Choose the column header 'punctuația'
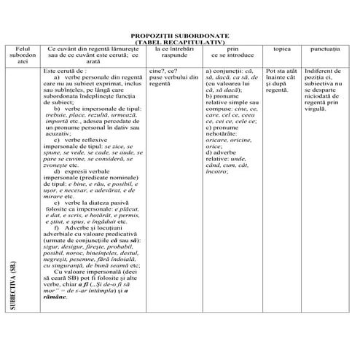(x=324, y=49)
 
